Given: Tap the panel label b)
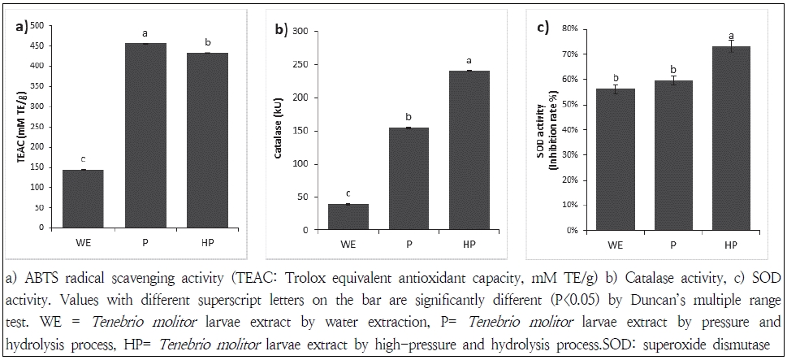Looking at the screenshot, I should click(x=282, y=30).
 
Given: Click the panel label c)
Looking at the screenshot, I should click(x=544, y=29).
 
